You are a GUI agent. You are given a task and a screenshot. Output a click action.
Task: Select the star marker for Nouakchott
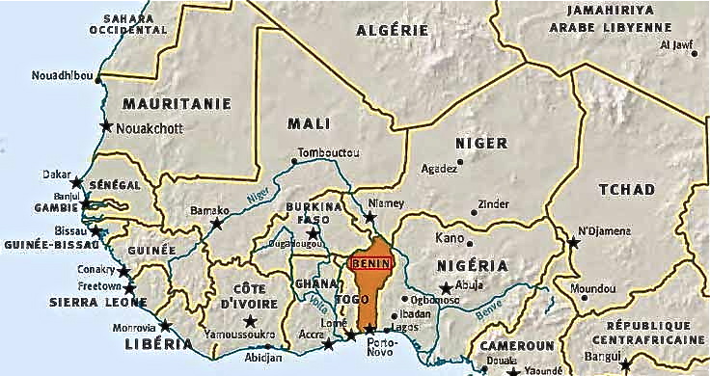click(105, 127)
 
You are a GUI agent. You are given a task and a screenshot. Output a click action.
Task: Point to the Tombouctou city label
click(328, 153)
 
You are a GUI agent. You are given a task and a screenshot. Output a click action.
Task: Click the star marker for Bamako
click(216, 223)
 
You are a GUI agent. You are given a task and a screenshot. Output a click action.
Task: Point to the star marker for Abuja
click(446, 287)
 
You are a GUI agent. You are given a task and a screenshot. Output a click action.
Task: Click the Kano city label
click(450, 237)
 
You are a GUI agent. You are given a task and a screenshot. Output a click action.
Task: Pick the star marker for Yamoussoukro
click(250, 321)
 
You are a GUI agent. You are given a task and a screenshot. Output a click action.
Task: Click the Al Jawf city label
click(677, 45)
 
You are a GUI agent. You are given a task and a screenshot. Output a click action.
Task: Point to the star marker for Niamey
click(369, 218)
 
